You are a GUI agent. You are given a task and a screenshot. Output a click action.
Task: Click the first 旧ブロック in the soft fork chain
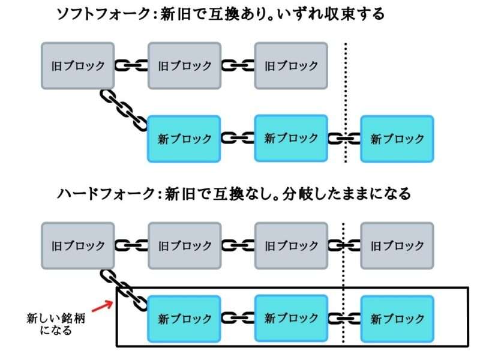(x=78, y=65)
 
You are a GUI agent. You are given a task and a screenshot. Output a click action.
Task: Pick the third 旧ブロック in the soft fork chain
(x=291, y=65)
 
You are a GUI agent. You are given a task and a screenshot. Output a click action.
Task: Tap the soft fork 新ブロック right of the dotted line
(x=397, y=139)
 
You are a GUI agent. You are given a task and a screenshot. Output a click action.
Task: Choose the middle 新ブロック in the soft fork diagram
(x=291, y=138)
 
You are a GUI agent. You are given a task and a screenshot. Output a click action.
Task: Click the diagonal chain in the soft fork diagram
(x=124, y=110)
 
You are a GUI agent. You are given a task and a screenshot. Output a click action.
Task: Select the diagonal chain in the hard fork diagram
(x=124, y=290)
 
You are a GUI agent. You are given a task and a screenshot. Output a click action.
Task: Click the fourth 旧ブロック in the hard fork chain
(x=397, y=245)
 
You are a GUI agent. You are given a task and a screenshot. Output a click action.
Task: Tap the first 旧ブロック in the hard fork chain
(x=78, y=245)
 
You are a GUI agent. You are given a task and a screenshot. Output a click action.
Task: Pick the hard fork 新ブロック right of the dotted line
(x=397, y=319)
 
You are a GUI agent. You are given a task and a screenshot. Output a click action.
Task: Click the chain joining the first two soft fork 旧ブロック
(x=131, y=65)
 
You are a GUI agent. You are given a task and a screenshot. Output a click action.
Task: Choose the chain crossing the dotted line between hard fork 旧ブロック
(x=344, y=245)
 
